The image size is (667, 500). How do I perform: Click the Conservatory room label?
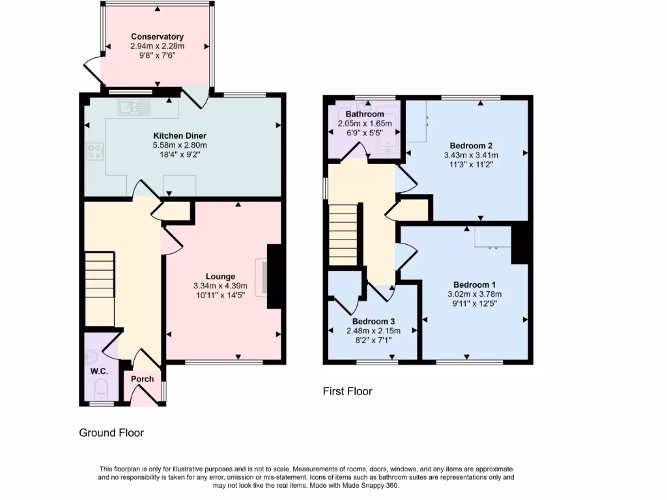point(157,36)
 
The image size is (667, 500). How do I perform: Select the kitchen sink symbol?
point(134,107)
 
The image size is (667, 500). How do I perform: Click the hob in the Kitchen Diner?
point(95,152)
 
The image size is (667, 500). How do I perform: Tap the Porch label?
point(143,379)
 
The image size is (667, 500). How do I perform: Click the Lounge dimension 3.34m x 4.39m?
point(220,286)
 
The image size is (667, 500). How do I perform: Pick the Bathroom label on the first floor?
point(364,114)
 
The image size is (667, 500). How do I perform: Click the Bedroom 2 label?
point(470,145)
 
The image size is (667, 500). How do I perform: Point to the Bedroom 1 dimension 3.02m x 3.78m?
point(475,294)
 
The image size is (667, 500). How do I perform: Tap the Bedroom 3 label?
point(373,322)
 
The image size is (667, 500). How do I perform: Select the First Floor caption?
point(347,391)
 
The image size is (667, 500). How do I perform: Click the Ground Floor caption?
point(111,432)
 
